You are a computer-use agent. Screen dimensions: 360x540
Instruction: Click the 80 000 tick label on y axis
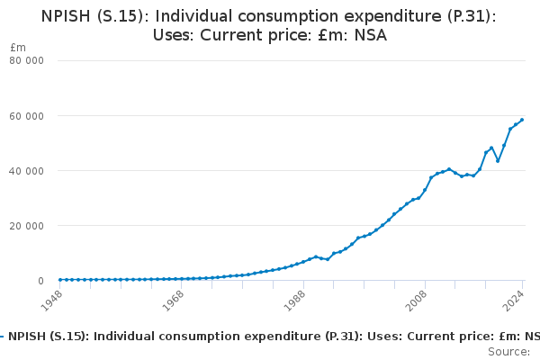click(x=27, y=61)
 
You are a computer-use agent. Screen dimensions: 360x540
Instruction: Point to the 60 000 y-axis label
click(x=27, y=116)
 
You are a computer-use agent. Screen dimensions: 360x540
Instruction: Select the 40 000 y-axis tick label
click(x=27, y=171)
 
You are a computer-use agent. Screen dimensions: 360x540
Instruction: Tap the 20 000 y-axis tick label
click(x=27, y=226)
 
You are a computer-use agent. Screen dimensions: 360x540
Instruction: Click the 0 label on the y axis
click(x=40, y=281)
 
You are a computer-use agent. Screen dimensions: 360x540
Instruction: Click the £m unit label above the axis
click(x=18, y=47)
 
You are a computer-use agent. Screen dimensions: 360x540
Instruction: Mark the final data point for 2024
click(x=522, y=120)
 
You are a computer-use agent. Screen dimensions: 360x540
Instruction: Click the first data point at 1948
click(x=60, y=280)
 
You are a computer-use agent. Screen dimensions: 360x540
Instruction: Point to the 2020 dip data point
click(x=498, y=160)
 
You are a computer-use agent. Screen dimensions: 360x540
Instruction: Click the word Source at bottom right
click(x=508, y=352)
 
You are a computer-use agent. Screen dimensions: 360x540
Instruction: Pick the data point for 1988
click(x=303, y=263)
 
